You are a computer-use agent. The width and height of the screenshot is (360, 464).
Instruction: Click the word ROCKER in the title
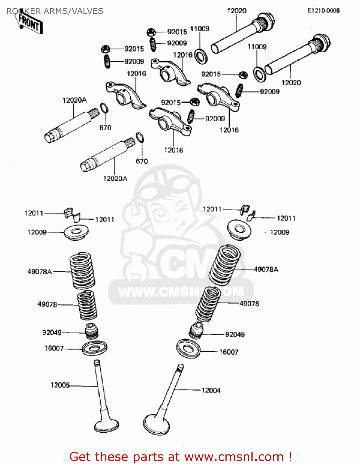(x=24, y=11)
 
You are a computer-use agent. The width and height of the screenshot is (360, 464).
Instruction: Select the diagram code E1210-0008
(x=323, y=11)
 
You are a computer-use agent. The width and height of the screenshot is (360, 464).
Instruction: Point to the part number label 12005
(x=60, y=385)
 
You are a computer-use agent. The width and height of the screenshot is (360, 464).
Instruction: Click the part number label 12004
(x=211, y=390)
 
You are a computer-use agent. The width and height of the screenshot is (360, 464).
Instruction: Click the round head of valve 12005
(x=106, y=426)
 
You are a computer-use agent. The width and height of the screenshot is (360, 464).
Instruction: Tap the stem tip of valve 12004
(x=180, y=367)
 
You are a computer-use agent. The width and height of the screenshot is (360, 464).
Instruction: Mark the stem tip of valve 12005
(x=97, y=362)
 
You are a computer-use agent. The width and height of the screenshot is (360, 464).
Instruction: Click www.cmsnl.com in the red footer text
(x=234, y=457)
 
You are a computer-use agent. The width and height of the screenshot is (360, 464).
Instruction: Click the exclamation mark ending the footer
(x=290, y=457)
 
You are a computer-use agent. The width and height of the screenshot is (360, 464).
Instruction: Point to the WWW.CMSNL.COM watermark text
(x=181, y=291)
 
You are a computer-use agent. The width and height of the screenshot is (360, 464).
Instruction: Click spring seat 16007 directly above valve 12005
(x=95, y=349)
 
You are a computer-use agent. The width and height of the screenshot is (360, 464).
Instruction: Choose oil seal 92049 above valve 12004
(x=196, y=330)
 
